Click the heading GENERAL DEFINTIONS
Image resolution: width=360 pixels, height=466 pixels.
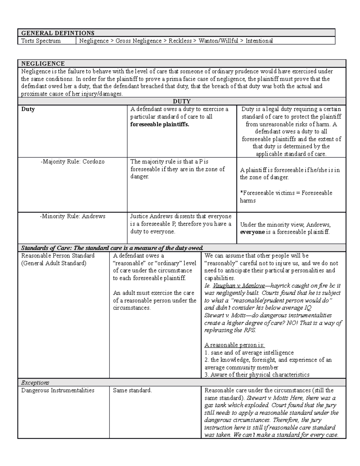(x=58, y=33)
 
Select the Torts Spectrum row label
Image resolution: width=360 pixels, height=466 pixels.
(x=41, y=41)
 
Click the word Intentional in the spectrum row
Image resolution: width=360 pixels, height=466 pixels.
(x=259, y=41)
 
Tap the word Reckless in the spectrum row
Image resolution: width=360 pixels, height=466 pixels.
(x=180, y=41)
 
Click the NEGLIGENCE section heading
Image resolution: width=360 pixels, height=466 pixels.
(x=43, y=64)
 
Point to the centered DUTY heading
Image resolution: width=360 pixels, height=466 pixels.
(x=182, y=101)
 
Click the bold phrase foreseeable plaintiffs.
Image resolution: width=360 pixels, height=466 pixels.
(x=160, y=124)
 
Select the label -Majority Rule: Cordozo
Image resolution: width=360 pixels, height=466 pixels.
(x=73, y=162)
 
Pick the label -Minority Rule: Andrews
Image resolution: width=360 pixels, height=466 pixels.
(x=73, y=216)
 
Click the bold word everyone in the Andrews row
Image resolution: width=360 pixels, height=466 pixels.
(x=252, y=232)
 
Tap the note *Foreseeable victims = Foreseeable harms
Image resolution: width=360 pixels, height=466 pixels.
(x=286, y=197)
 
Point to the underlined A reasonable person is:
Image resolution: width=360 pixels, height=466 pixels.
(x=235, y=345)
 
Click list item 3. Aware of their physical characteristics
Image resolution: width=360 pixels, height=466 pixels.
(x=257, y=374)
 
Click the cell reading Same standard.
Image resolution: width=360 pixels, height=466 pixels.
(x=132, y=390)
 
